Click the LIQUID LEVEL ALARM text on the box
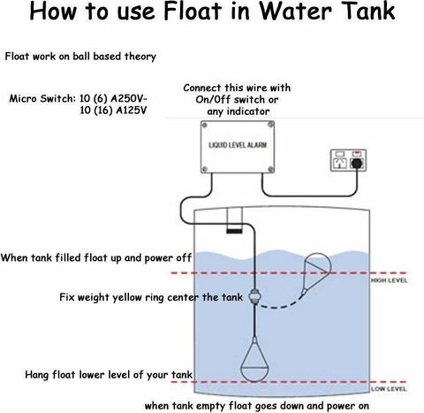238,145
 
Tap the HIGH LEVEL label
389,280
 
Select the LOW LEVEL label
389,389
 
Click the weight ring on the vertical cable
254,296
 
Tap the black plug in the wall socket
357,163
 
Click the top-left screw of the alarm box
204,126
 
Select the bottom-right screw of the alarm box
271,169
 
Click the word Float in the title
193,11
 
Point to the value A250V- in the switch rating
129,98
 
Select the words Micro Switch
42,98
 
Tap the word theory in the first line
140,57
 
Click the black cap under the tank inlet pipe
234,231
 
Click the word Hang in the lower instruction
37,375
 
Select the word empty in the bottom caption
211,407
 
